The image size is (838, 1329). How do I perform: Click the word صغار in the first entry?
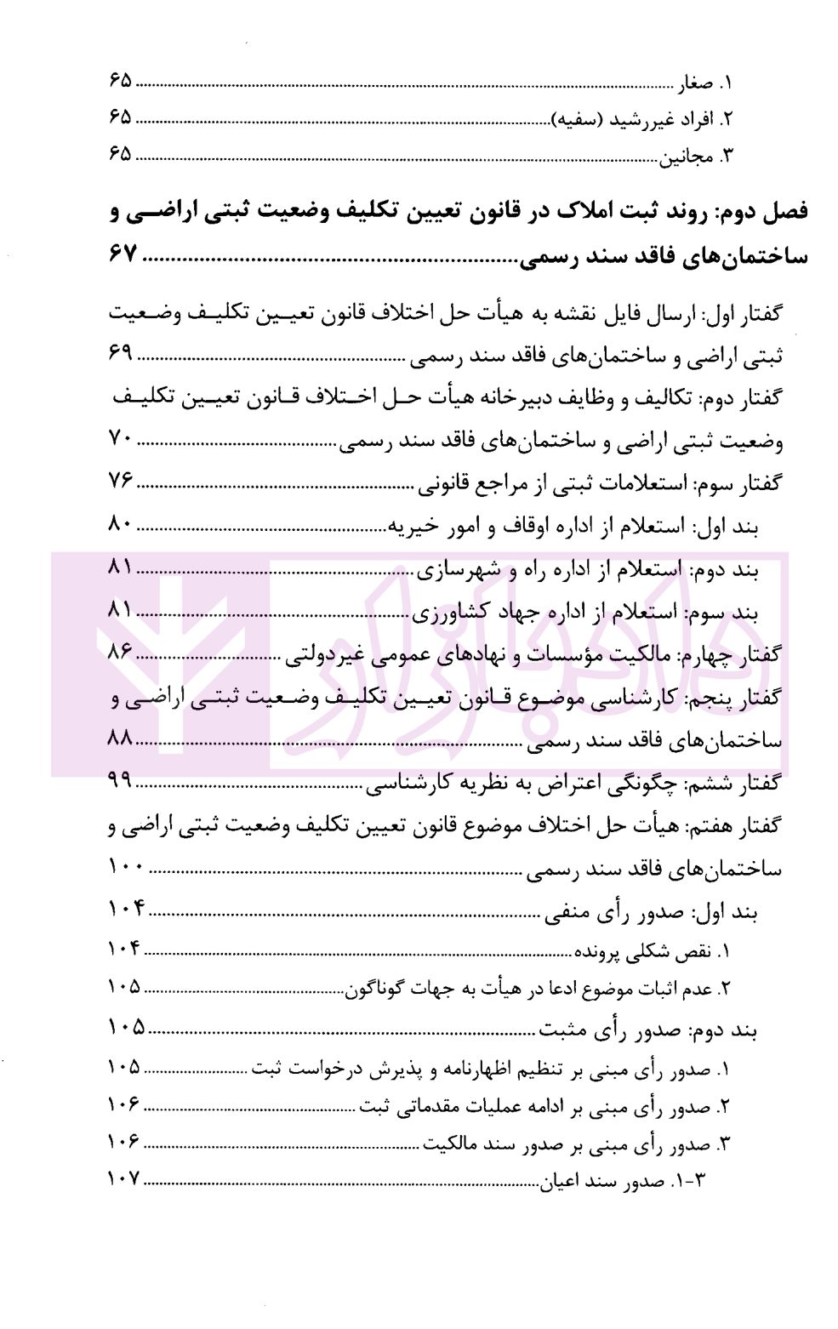tap(694, 83)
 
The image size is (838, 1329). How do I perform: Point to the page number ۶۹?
tap(122, 356)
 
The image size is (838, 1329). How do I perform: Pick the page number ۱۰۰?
tap(128, 867)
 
